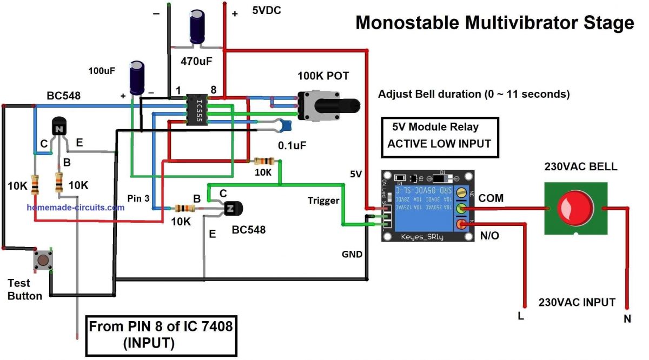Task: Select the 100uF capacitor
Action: point(136,78)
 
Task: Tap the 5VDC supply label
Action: point(267,10)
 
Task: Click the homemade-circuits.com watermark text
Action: point(75,207)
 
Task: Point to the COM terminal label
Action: point(491,198)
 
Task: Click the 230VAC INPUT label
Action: point(577,302)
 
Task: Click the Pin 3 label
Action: point(139,198)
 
